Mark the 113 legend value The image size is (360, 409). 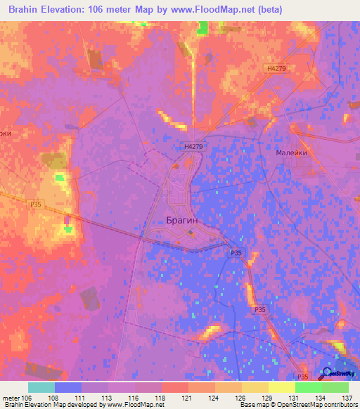107,398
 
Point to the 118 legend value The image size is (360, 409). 160,398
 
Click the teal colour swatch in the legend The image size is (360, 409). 41,387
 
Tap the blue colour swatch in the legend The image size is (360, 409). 68,387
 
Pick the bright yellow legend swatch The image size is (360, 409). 282,387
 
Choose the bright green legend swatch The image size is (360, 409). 309,387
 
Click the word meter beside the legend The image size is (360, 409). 11,398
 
